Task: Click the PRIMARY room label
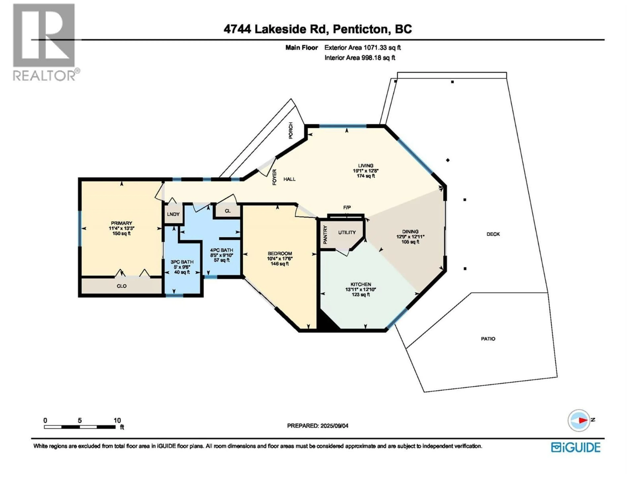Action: pyautogui.click(x=121, y=223)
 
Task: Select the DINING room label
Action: pyautogui.click(x=410, y=231)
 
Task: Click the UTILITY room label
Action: pyautogui.click(x=347, y=232)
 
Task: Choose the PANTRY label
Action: pyautogui.click(x=325, y=235)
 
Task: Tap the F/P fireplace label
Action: pyautogui.click(x=347, y=208)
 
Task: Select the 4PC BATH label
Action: pyautogui.click(x=221, y=250)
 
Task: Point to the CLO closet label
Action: pyautogui.click(x=121, y=286)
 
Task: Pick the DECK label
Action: pyautogui.click(x=493, y=234)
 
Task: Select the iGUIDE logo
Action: pyautogui.click(x=576, y=447)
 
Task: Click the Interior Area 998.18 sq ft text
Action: pyautogui.click(x=360, y=58)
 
